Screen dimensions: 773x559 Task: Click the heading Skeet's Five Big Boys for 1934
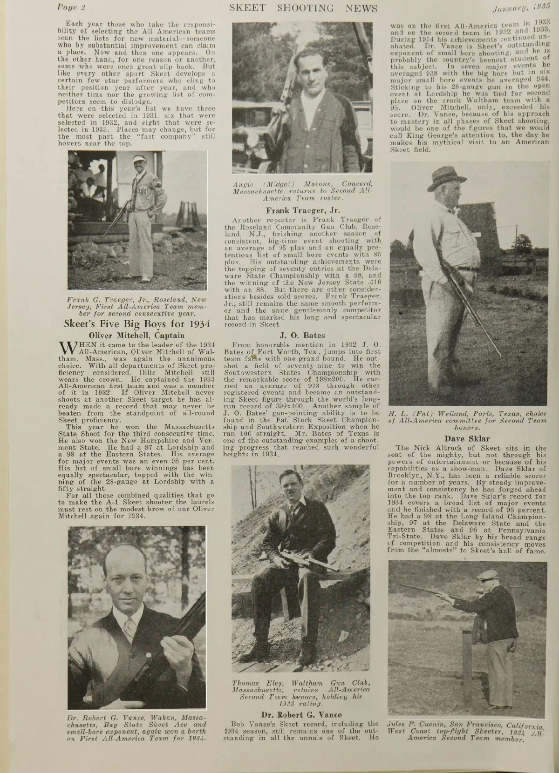pos(137,324)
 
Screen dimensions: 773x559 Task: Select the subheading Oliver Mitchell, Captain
pos(137,336)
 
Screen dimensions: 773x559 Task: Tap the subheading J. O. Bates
pos(302,335)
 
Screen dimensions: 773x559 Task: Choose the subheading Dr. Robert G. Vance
pos(301,714)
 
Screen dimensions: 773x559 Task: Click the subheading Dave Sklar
pos(467,438)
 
